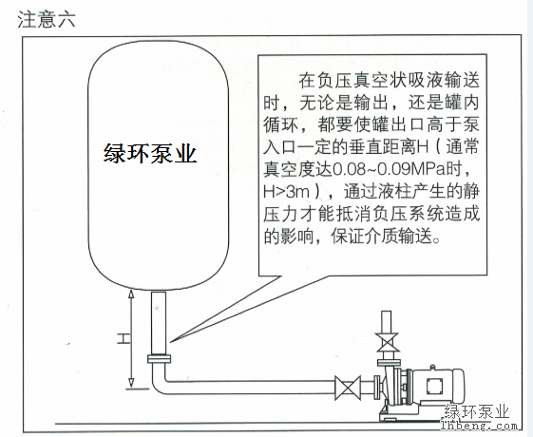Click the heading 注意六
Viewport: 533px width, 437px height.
[x=47, y=19]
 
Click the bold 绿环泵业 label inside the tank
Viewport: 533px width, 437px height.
[x=150, y=154]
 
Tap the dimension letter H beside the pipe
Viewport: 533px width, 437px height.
[x=124, y=339]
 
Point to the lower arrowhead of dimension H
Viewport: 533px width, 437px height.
[x=131, y=383]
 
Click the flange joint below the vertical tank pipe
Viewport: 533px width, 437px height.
[x=159, y=358]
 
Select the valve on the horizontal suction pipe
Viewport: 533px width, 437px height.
[x=348, y=388]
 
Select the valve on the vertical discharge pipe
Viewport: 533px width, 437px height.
[x=388, y=342]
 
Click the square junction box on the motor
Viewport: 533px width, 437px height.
[x=435, y=386]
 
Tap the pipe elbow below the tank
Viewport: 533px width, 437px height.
[x=157, y=383]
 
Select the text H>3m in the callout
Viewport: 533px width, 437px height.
[x=287, y=192]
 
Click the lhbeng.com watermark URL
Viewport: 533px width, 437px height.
[x=479, y=426]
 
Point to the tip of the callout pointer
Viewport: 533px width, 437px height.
[x=170, y=341]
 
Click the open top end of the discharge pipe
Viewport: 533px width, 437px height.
[x=387, y=312]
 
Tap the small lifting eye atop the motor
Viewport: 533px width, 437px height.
[x=432, y=368]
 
